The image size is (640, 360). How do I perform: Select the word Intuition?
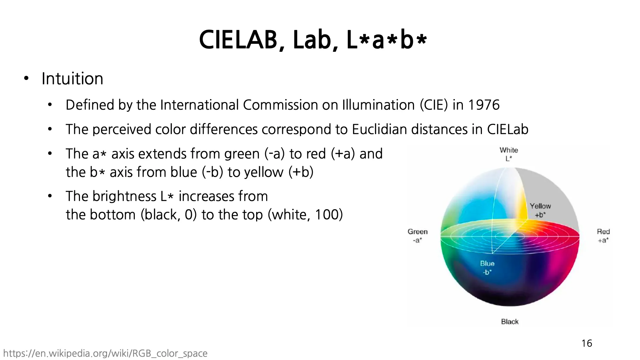coord(72,79)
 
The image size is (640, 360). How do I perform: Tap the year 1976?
coord(484,105)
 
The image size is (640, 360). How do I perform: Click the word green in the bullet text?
coord(242,154)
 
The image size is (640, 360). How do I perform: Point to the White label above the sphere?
coord(509,150)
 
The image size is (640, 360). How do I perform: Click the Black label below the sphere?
coord(510,322)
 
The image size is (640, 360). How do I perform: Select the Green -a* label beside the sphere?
coord(417,236)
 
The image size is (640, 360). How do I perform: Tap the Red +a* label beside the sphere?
coord(603,236)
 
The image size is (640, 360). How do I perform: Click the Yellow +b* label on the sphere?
coord(540,210)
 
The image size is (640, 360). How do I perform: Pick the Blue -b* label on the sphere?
coord(487,268)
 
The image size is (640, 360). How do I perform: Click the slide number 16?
coord(586,343)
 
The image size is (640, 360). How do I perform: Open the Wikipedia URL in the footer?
coord(105,354)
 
